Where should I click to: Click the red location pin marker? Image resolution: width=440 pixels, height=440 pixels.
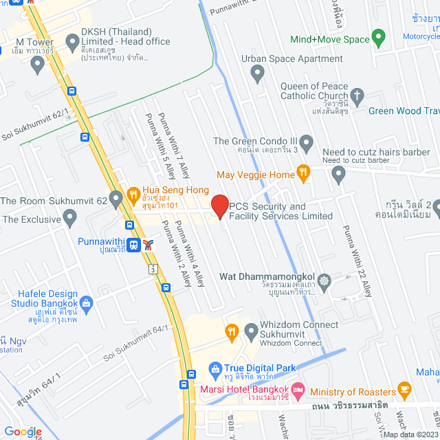click(219, 206)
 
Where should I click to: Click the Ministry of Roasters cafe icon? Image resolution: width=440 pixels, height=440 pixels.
click(405, 390)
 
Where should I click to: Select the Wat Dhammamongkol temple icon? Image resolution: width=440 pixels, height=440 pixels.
click(324, 280)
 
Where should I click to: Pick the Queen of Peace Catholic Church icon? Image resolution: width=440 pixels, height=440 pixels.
click(356, 95)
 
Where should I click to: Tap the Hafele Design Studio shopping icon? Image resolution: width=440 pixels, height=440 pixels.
click(86, 302)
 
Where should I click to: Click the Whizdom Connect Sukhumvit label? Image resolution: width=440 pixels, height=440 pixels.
click(291, 329)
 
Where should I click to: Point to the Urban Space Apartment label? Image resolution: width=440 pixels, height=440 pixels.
click(291, 58)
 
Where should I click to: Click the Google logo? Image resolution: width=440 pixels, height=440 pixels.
click(23, 431)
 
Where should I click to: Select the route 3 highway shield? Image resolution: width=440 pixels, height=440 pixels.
click(151, 269)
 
